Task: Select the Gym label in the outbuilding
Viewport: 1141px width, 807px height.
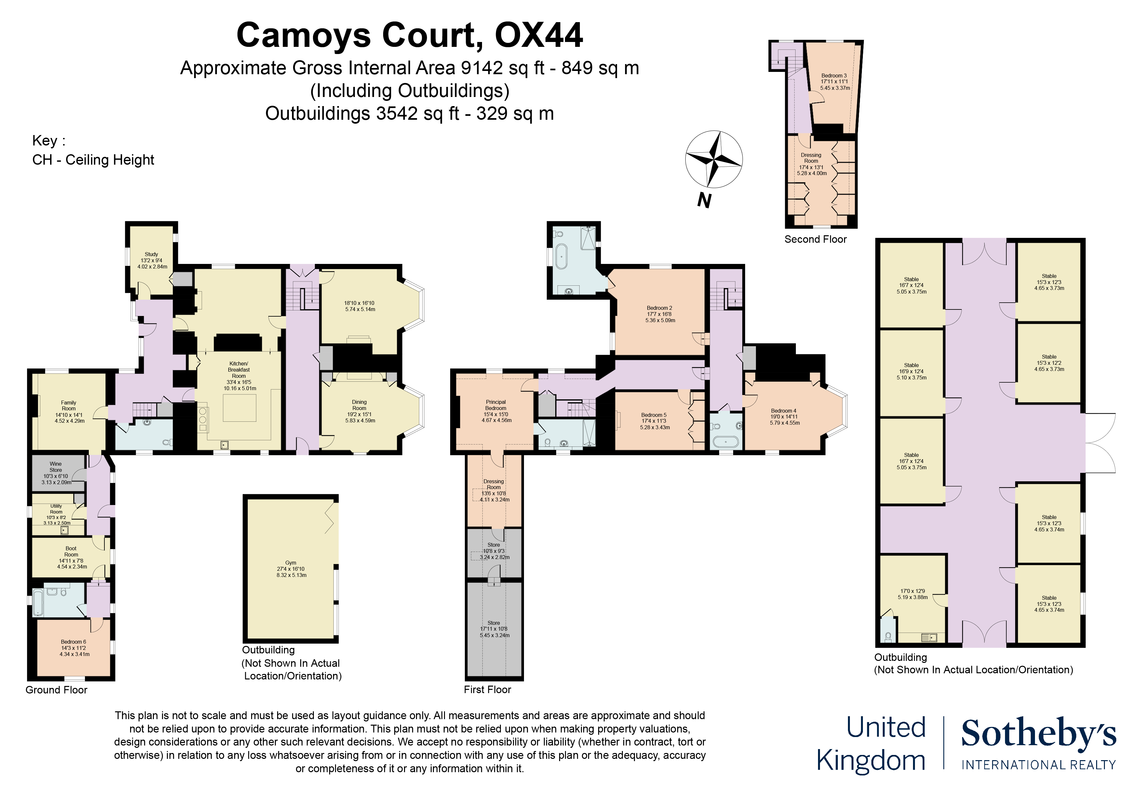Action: (x=291, y=563)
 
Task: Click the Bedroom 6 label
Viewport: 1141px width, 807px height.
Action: (x=74, y=642)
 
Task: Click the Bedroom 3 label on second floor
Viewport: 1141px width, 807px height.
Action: (x=834, y=75)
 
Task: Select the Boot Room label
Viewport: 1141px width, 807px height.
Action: (x=71, y=552)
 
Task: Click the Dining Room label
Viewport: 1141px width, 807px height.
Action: (x=359, y=405)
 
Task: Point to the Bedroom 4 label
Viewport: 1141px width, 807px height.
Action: (x=784, y=411)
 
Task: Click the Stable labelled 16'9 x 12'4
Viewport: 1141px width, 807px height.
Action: (x=911, y=371)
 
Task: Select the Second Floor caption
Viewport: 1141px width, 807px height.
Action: (x=815, y=239)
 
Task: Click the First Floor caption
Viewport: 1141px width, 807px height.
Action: (x=487, y=690)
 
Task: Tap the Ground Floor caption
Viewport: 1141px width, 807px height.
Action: (x=56, y=690)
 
